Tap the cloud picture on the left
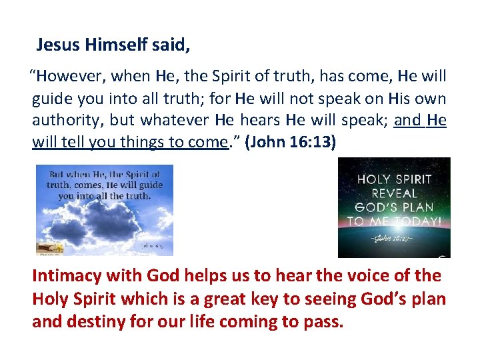tap(104, 210)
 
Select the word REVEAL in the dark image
tap(394, 193)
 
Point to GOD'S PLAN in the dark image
tap(394, 207)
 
